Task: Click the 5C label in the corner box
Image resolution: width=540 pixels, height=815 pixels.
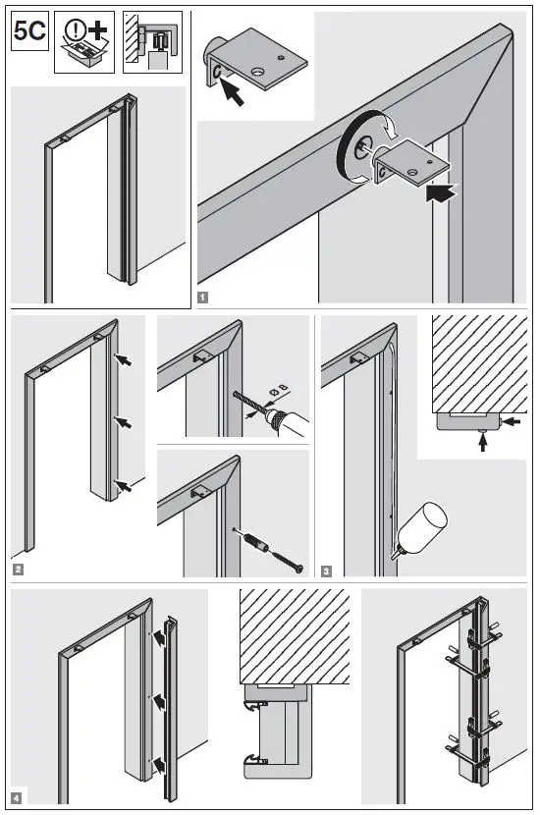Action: click(29, 31)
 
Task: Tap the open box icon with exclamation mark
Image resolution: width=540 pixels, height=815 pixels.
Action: click(82, 43)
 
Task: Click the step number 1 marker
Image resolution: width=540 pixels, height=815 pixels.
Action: click(201, 296)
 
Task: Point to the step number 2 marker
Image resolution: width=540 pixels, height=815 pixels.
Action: click(19, 569)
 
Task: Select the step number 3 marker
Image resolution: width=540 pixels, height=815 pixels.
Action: click(326, 569)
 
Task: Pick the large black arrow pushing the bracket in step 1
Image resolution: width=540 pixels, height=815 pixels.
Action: click(437, 194)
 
